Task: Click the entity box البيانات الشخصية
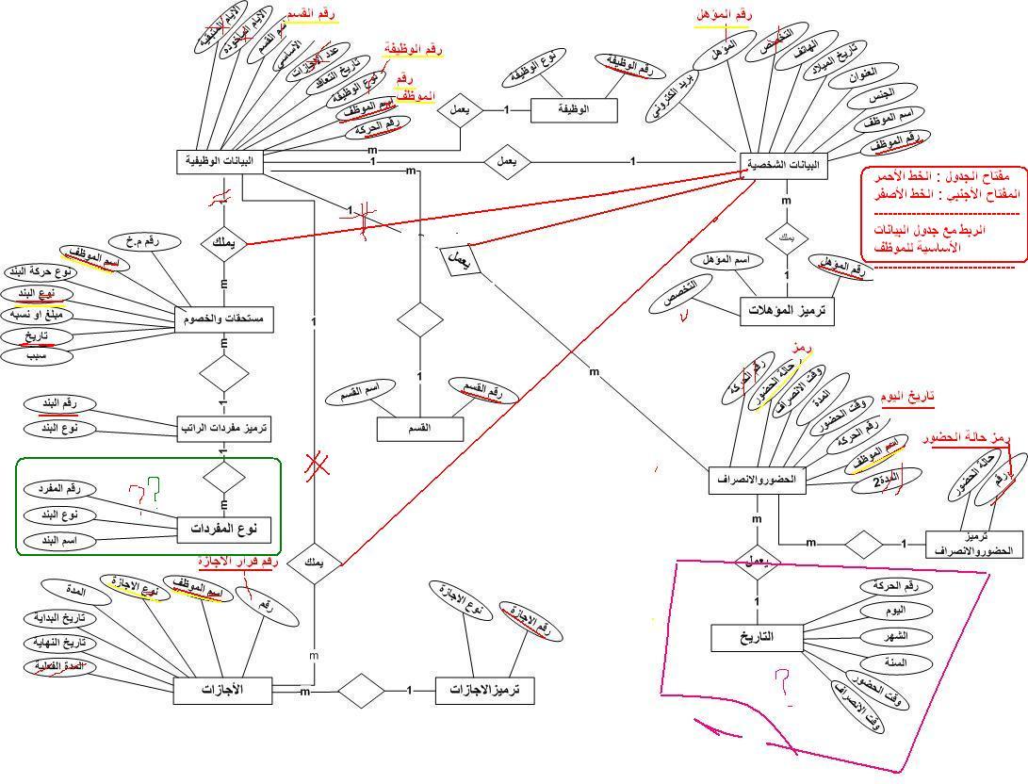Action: (x=783, y=165)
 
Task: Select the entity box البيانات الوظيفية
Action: (x=220, y=161)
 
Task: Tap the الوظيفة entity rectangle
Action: (x=574, y=110)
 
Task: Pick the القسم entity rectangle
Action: (x=420, y=428)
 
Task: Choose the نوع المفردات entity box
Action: (x=219, y=530)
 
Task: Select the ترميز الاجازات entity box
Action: (x=484, y=691)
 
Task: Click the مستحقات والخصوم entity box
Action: (x=224, y=318)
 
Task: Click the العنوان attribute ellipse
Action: (x=862, y=73)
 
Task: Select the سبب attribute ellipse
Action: (x=37, y=356)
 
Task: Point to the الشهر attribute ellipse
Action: (x=895, y=636)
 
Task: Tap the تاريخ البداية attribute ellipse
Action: (x=60, y=619)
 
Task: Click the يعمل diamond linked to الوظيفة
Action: (x=462, y=109)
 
